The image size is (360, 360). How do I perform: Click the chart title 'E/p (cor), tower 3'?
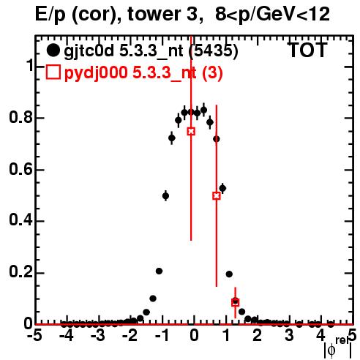point(116,15)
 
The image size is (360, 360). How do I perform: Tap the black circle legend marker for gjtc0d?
point(53,50)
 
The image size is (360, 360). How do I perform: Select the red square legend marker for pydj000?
point(53,72)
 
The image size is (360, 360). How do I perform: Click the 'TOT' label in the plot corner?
point(307,50)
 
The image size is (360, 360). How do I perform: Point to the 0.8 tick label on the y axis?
point(20,117)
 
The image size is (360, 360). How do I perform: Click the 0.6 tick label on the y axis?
point(20,169)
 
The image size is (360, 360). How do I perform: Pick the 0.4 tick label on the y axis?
point(20,220)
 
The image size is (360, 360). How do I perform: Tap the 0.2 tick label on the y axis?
point(20,272)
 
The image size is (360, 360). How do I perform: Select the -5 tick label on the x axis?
point(36,335)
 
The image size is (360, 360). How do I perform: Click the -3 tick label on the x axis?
point(98,335)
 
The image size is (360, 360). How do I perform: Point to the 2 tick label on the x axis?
point(258,335)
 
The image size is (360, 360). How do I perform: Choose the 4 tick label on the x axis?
point(320,335)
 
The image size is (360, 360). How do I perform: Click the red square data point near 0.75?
point(191,131)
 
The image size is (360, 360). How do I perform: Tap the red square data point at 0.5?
point(217,195)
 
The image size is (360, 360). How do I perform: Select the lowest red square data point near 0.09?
point(235,302)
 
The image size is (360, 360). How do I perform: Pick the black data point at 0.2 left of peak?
point(159,271)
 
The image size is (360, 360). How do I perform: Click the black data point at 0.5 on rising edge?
point(165,196)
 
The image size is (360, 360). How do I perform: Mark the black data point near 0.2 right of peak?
point(229,274)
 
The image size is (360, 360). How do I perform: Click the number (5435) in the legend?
point(214,51)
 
